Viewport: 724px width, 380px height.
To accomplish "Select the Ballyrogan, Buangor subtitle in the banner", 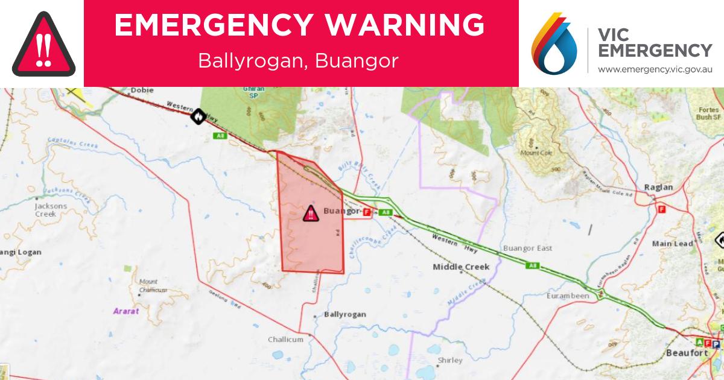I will coord(298,62).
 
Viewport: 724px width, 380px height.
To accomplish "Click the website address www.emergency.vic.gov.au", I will coord(655,70).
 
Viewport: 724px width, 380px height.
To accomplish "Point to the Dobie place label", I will coord(142,90).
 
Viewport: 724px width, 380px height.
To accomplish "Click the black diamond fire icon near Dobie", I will coord(197,116).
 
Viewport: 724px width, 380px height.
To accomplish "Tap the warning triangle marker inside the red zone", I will coord(310,213).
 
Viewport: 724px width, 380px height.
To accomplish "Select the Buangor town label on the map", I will coord(341,211).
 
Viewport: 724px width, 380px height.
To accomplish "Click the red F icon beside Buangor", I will coord(366,212).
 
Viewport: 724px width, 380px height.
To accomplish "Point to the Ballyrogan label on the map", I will coord(345,314).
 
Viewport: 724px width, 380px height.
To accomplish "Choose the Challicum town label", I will coord(285,340).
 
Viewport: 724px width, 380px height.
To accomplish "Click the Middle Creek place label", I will coord(460,267).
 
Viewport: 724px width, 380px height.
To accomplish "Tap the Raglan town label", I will coord(658,187).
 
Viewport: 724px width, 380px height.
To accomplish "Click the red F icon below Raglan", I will coord(661,210).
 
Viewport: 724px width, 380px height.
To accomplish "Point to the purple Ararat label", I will coord(126,311).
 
